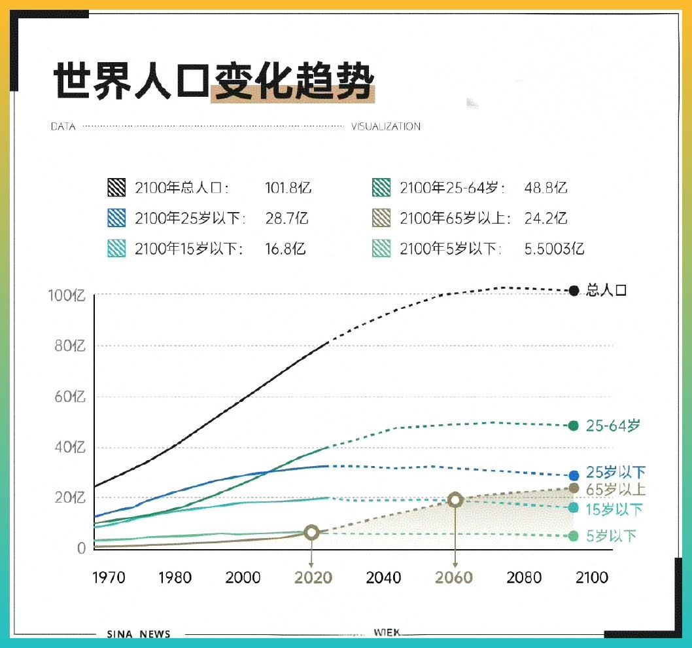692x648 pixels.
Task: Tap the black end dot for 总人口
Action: pos(574,291)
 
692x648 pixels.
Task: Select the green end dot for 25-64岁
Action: pos(574,425)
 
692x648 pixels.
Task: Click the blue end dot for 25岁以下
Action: pos(574,475)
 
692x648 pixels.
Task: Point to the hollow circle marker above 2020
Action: pos(312,532)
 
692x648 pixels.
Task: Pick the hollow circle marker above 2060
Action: pos(455,500)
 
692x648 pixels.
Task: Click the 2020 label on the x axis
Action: pos(313,578)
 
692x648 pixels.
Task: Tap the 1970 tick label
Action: pos(109,578)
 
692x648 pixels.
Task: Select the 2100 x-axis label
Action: pos(591,578)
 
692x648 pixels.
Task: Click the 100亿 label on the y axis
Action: pos(67,296)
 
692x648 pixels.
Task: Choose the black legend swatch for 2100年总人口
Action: pos(116,189)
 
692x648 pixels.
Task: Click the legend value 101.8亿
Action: pos(288,189)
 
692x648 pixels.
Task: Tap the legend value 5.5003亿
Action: pos(554,249)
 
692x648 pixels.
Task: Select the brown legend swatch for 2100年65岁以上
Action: pos(381,219)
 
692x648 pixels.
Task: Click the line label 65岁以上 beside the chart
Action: pos(615,490)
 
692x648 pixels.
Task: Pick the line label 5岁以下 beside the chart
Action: pos(611,536)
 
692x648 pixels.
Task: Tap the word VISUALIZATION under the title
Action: pos(385,126)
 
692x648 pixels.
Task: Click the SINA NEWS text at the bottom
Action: pos(138,634)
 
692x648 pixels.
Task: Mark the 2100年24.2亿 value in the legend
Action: pos(545,219)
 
